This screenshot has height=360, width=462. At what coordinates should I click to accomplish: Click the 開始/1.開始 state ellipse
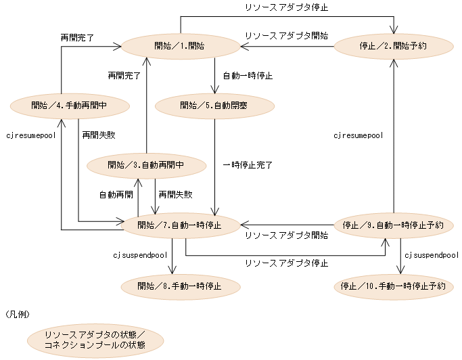[x=181, y=46]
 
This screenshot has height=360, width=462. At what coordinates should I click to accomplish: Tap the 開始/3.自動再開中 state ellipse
[x=146, y=164]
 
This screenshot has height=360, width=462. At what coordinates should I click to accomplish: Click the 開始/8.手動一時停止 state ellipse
[x=179, y=285]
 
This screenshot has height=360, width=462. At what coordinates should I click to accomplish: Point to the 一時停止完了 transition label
[x=247, y=164]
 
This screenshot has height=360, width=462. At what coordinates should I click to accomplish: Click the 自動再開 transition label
[x=116, y=194]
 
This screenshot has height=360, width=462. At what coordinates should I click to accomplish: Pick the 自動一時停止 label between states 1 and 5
[x=248, y=76]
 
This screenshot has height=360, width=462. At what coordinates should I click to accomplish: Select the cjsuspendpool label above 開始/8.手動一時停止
[x=139, y=255]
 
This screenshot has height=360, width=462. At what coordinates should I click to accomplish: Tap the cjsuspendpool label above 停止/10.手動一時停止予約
[x=431, y=255]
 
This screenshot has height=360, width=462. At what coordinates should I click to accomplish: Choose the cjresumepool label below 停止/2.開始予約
[x=359, y=135]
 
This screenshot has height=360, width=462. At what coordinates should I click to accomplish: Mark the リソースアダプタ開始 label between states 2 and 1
[x=285, y=35]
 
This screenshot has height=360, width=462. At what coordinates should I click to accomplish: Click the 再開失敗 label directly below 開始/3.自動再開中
[x=175, y=194]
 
